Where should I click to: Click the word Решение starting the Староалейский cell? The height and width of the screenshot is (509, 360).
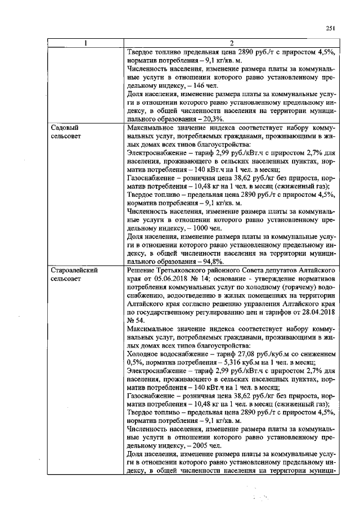[x=143, y=271]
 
